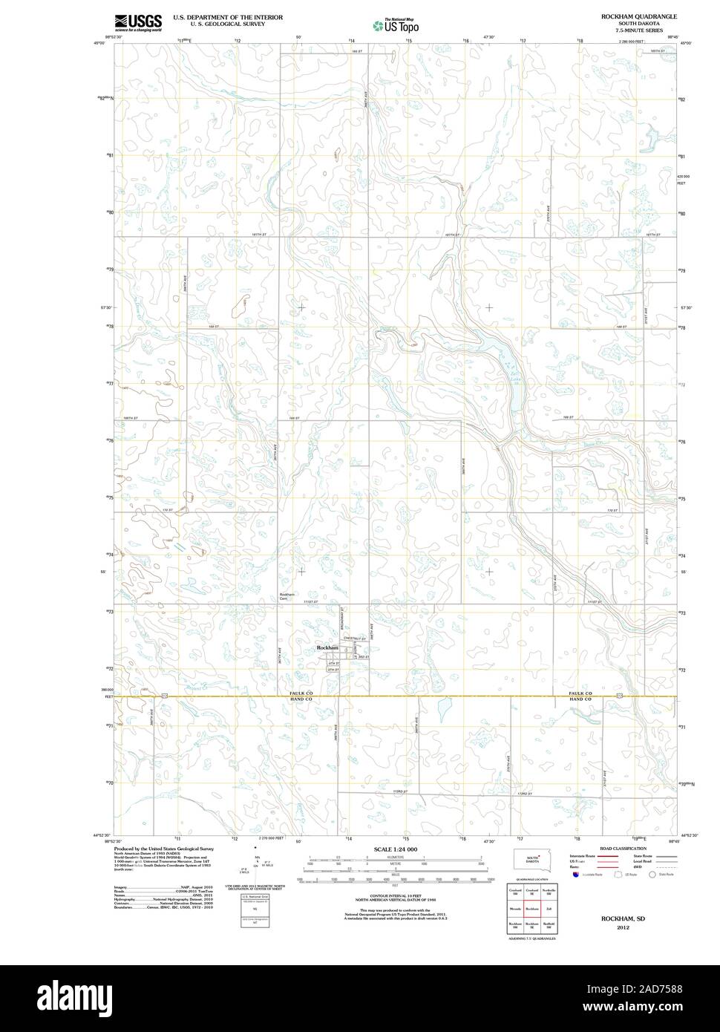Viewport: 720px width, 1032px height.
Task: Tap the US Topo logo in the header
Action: pyautogui.click(x=396, y=25)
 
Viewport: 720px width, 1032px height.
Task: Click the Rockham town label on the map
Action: pyautogui.click(x=327, y=648)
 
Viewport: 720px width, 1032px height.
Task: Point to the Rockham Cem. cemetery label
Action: pyautogui.click(x=287, y=596)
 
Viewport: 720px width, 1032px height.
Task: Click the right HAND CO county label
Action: pyautogui.click(x=580, y=699)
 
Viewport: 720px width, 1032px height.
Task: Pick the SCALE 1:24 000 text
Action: pyautogui.click(x=396, y=849)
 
